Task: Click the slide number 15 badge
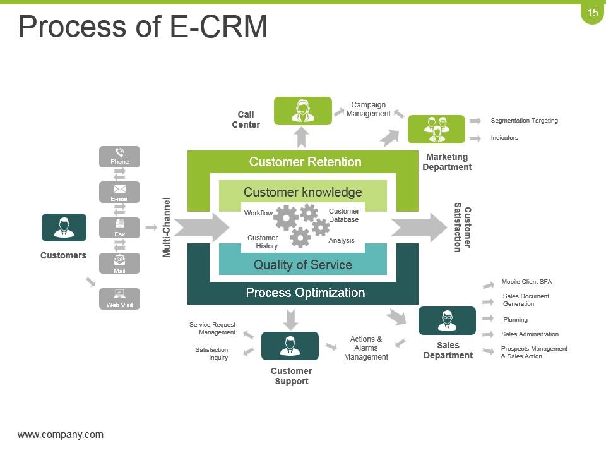point(592,13)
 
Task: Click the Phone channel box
point(119,156)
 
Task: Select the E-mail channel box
point(119,192)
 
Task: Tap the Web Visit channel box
point(119,298)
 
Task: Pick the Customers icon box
point(64,227)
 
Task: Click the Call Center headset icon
point(302,111)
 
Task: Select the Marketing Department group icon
point(436,129)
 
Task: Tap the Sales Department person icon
point(447,320)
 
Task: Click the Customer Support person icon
point(290,346)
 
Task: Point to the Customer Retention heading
point(305,162)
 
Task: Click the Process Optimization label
point(305,293)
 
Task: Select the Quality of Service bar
point(302,265)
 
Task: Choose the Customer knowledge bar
point(302,192)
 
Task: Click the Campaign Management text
point(368,109)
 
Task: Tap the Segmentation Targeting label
point(524,121)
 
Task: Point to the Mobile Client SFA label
point(526,282)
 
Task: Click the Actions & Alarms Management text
point(366,348)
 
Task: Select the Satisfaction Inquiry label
point(212,353)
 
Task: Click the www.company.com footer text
point(61,435)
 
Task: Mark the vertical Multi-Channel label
point(167,227)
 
